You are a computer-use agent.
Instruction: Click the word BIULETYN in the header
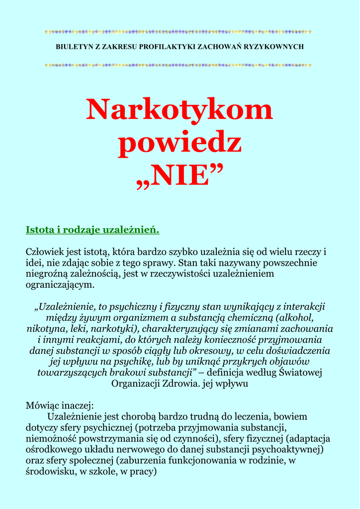[x=73, y=47]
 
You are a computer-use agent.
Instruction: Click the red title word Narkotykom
[x=180, y=110]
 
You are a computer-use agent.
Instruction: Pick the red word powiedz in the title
[x=180, y=143]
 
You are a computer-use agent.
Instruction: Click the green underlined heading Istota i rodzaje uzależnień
[x=92, y=230]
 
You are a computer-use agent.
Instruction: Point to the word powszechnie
[x=285, y=262]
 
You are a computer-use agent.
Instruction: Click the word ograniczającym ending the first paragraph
[x=60, y=285]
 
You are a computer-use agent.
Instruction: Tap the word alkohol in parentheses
[x=296, y=318]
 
